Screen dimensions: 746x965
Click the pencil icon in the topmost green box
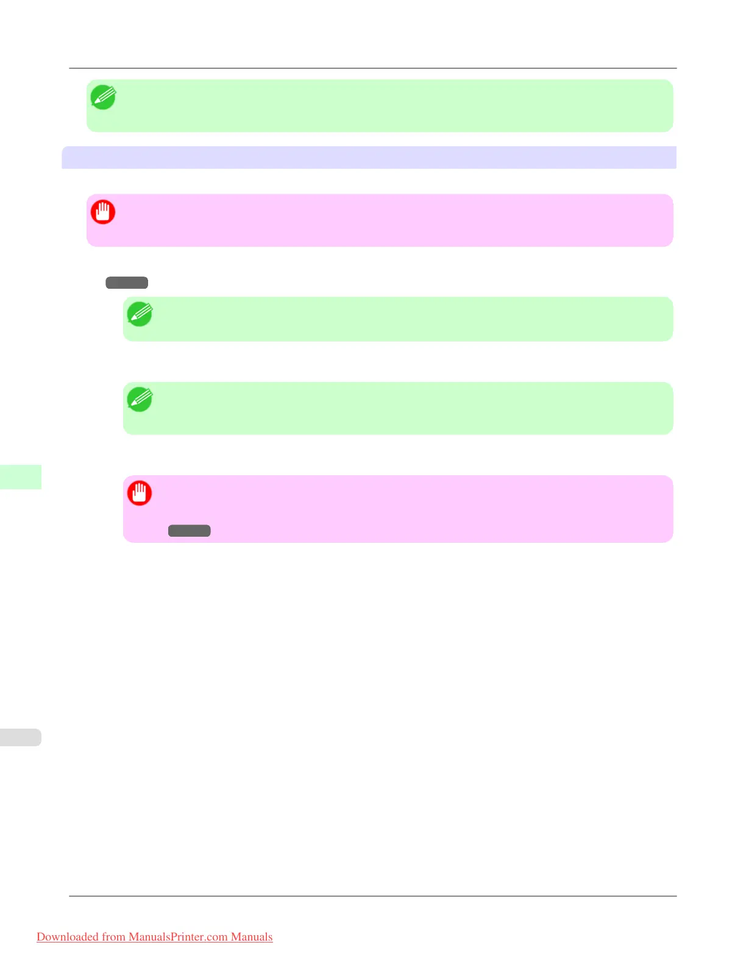tap(103, 97)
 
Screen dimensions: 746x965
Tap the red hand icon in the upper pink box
tap(103, 212)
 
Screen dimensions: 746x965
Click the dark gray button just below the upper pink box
tap(127, 283)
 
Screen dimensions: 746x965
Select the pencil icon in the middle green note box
tap(140, 314)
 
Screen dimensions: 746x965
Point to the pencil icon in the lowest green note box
tap(140, 400)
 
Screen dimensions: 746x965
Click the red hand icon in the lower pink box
tap(140, 493)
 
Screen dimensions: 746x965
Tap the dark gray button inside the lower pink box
tap(189, 531)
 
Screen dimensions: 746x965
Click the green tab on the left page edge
tap(20, 476)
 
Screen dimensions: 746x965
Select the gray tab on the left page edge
tap(20, 737)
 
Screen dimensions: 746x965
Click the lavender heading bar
tap(369, 157)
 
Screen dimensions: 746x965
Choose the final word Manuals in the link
tap(252, 937)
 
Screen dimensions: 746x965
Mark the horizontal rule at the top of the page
tap(373, 68)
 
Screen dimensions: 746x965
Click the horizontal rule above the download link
tap(373, 896)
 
